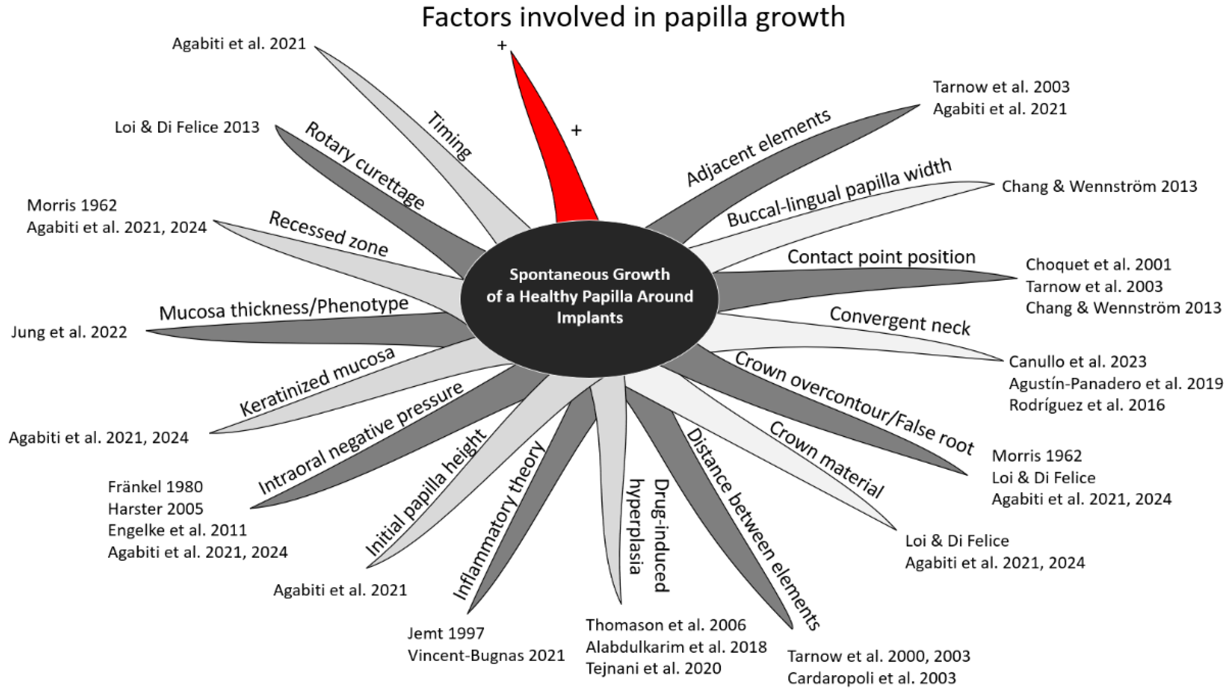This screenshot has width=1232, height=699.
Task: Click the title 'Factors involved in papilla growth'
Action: point(632,17)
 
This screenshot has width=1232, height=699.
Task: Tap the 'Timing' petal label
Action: point(449,135)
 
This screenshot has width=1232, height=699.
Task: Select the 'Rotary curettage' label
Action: point(365,166)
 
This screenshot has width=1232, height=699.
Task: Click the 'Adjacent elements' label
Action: point(758,147)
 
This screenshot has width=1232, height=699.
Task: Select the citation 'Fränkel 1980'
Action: point(155,487)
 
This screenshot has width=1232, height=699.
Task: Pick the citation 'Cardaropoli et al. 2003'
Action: point(872,678)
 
